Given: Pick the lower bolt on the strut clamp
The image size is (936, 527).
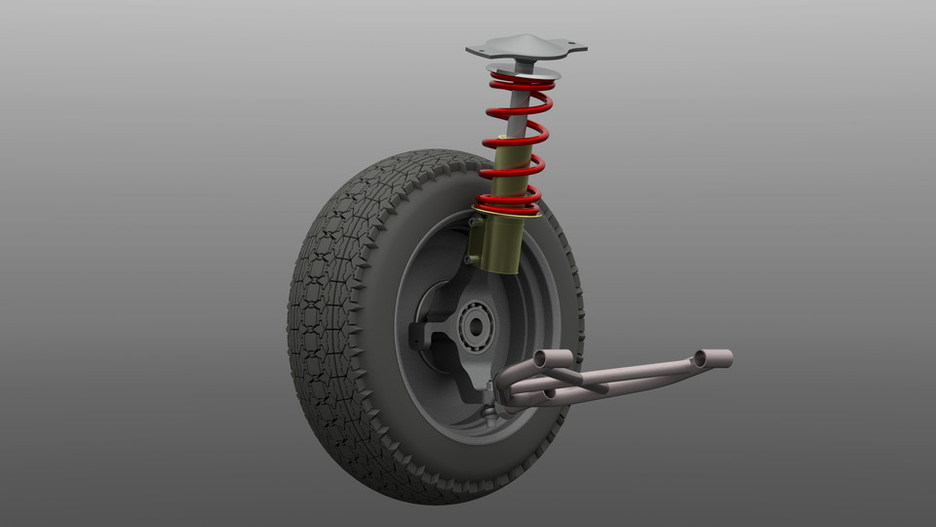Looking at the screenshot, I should click(x=469, y=260).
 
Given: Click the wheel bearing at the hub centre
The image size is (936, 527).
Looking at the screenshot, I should click(x=477, y=326).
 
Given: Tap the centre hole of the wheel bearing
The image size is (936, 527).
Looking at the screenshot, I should click(x=477, y=326).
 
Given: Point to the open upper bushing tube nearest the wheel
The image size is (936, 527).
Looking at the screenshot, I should click(x=547, y=358).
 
